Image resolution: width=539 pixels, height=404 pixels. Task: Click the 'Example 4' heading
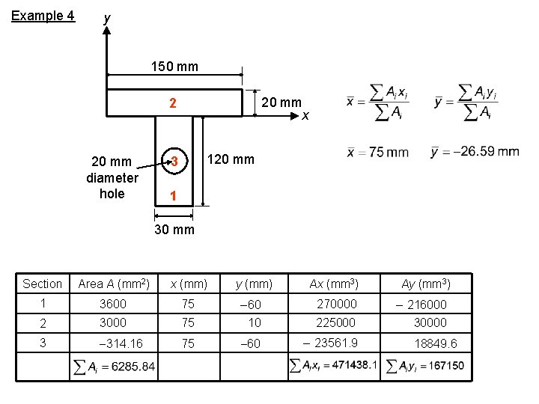point(43,15)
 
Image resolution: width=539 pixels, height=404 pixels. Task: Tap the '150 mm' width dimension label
point(174,67)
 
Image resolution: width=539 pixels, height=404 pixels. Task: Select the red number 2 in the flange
point(172,103)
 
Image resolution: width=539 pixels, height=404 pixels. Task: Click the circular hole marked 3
point(173,162)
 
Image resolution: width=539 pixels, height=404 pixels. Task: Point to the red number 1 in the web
point(173,196)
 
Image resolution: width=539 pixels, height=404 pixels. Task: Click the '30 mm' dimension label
point(174,230)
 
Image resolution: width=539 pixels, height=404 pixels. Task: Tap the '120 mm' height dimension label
point(231,159)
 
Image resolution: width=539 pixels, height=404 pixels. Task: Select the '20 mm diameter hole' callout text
point(112,177)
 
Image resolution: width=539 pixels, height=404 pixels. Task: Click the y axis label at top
point(107,16)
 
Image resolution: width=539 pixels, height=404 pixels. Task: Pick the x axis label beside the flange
point(305,114)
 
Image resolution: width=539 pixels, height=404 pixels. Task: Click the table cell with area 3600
point(113,304)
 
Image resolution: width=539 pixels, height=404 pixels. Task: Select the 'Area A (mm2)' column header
point(114,284)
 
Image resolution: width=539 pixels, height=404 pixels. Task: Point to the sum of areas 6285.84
point(114,367)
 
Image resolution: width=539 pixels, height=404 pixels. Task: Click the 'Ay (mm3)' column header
point(425,284)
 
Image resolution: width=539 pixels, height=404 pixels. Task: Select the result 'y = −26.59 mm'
point(475,152)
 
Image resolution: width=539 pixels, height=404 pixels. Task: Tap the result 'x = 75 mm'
point(378,152)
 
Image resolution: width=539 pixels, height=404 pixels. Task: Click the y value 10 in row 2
point(255,323)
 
